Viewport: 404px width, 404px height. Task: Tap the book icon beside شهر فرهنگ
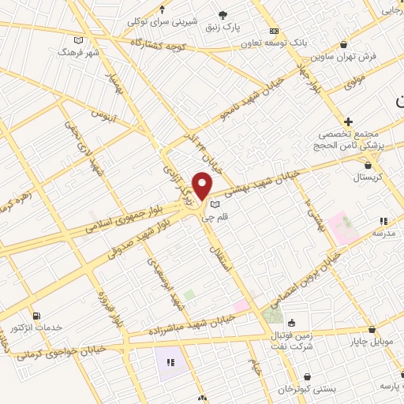[77, 39]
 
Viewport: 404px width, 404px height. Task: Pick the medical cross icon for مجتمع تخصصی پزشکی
[348, 121]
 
